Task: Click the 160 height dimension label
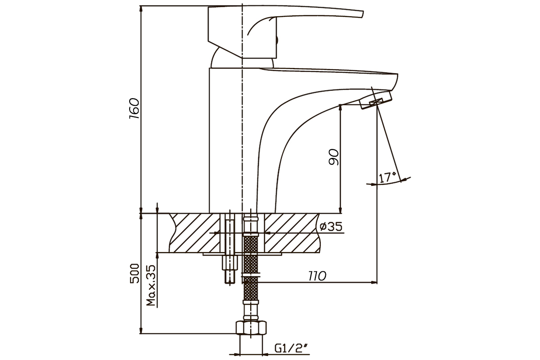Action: pos(134,108)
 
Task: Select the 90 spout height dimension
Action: pos(333,157)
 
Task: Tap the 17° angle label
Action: pos(387,177)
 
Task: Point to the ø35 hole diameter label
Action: pos(331,226)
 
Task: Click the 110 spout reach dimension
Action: pos(318,276)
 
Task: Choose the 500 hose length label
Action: pos(135,274)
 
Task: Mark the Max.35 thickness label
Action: pos(151,285)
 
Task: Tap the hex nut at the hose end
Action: pos(251,328)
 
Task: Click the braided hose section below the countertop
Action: pos(251,268)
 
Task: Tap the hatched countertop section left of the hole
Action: pos(195,233)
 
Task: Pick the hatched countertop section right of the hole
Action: pos(292,233)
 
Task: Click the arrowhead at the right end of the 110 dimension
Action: pos(374,282)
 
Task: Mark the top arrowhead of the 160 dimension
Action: pos(141,9)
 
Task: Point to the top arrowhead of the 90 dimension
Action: pos(340,108)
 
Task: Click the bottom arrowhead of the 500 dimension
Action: pos(141,331)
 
